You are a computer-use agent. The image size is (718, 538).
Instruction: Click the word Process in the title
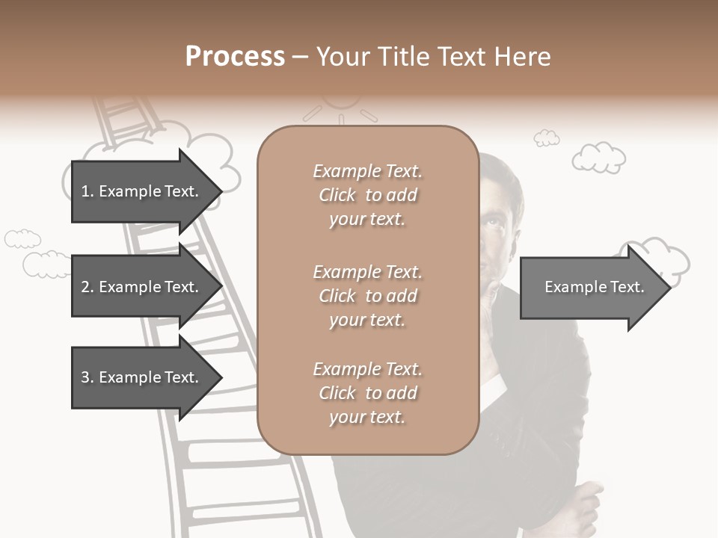coord(235,57)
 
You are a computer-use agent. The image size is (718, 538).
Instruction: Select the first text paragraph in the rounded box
coord(367,195)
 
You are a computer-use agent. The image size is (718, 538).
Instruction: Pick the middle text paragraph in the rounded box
coord(367,295)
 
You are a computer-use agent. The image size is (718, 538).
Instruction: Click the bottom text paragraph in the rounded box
coord(367,392)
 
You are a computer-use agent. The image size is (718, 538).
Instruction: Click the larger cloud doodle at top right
coord(598,157)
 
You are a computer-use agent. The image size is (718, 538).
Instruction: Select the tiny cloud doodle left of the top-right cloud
coord(546,137)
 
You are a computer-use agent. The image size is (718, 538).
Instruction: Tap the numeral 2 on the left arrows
coord(85,287)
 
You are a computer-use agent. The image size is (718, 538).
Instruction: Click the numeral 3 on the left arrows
coord(85,377)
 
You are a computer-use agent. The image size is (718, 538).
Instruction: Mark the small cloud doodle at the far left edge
coord(22,238)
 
